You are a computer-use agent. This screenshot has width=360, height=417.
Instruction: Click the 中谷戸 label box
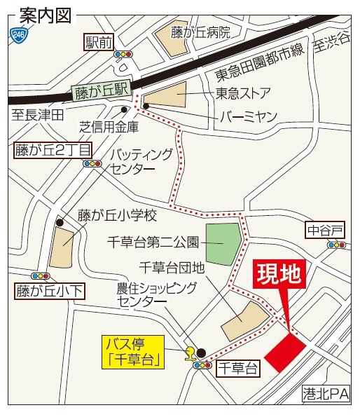point(326,229)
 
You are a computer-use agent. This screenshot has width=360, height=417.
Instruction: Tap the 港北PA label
point(326,395)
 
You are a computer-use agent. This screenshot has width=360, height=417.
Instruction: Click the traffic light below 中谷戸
point(338,245)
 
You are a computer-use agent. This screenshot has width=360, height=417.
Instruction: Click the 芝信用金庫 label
point(109,128)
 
